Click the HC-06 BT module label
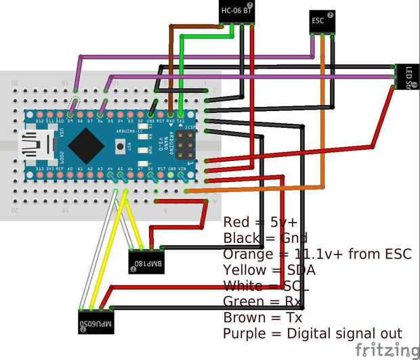click(x=237, y=10)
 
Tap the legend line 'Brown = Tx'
click(x=262, y=317)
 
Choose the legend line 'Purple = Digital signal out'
click(x=312, y=334)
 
